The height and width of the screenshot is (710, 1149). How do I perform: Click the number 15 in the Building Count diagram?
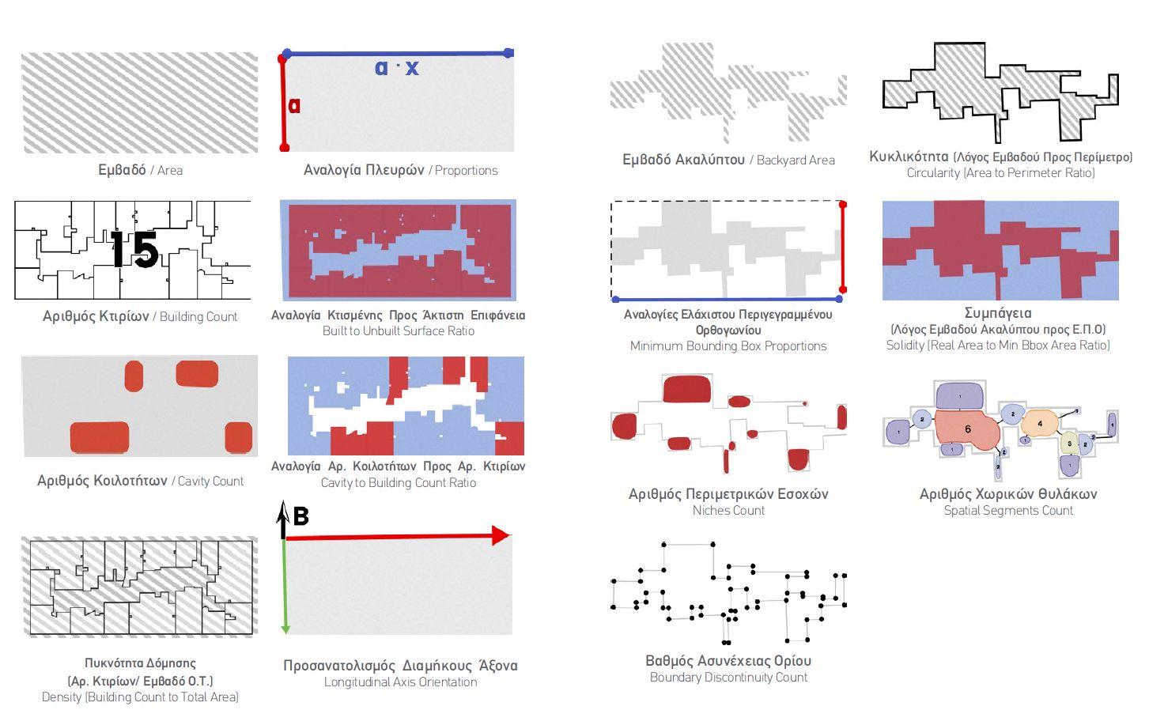[x=134, y=249]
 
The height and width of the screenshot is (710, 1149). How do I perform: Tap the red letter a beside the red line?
[x=294, y=106]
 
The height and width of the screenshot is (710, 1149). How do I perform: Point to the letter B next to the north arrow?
[x=300, y=516]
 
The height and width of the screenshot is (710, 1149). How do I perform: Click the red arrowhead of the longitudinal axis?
[x=500, y=536]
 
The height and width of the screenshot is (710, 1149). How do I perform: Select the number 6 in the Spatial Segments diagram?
[x=968, y=429]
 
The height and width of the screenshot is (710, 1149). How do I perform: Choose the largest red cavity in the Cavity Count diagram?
[x=100, y=437]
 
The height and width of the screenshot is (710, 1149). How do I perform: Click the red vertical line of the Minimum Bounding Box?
[x=843, y=247]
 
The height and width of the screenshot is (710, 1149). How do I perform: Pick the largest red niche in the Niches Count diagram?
[x=686, y=389]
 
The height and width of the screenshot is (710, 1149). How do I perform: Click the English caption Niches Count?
[x=728, y=511]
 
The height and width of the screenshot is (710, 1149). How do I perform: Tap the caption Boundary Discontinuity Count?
[x=728, y=678]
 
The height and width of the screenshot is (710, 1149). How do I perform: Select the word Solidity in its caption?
[x=905, y=346]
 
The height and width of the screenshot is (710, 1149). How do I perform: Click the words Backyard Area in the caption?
[x=796, y=161]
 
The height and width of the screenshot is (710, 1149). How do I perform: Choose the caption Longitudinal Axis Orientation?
[x=400, y=682]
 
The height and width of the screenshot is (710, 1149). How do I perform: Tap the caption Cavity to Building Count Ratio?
[x=398, y=483]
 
